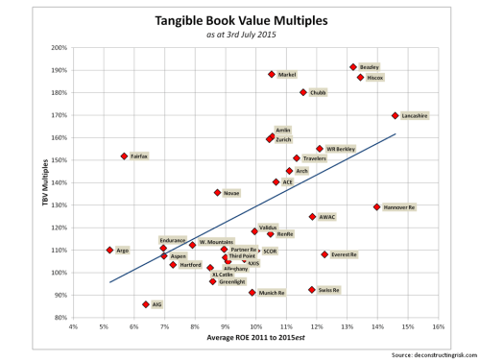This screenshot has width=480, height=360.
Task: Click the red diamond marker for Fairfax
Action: [125, 156]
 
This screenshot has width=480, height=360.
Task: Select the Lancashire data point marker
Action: [396, 115]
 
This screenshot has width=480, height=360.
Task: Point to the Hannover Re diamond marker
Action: [377, 206]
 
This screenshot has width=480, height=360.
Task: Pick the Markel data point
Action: [272, 74]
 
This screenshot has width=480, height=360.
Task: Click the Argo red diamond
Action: [109, 250]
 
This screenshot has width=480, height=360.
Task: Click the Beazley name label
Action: [370, 67]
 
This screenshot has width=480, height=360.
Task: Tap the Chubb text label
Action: [319, 93]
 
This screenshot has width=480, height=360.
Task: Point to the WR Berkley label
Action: [341, 149]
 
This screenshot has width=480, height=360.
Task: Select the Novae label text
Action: [231, 192]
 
